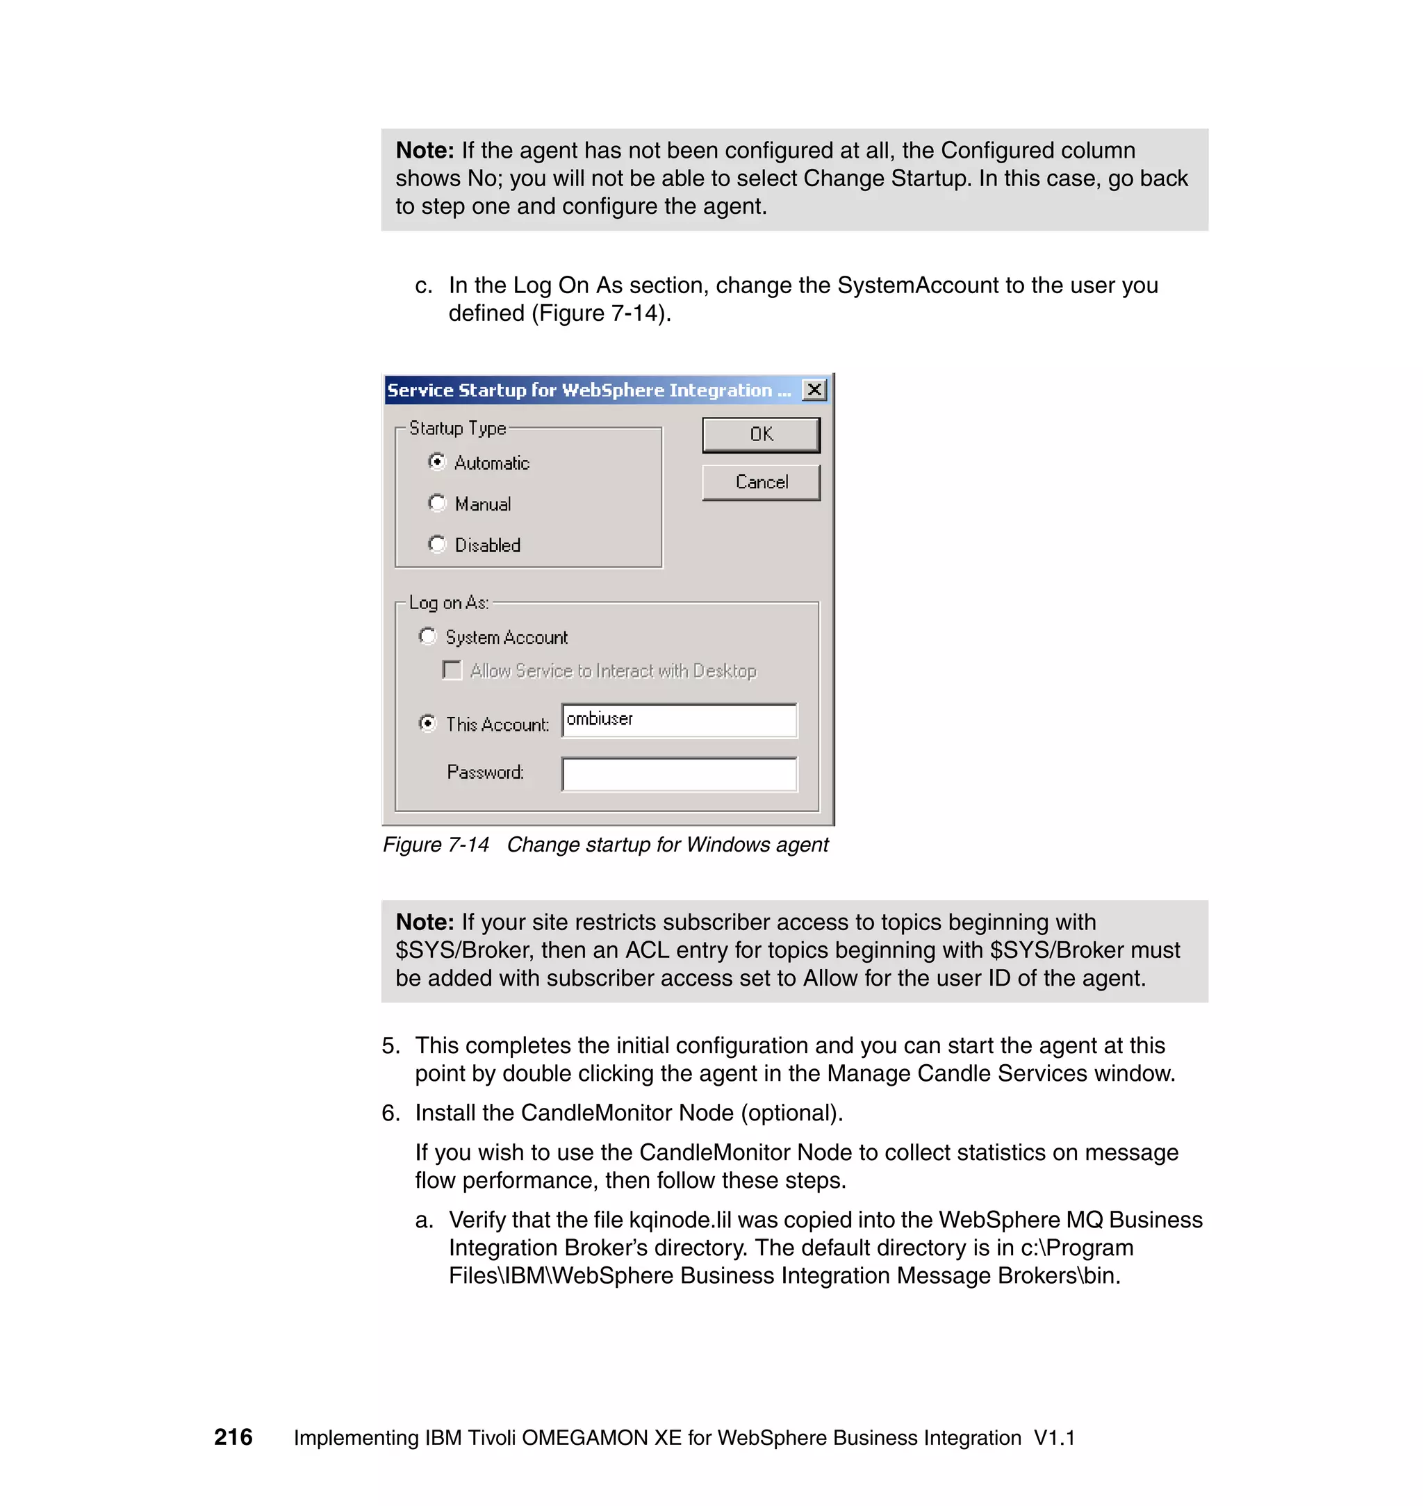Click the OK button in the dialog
point(761,435)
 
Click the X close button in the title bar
point(814,390)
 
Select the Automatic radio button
point(437,462)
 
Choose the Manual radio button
point(437,503)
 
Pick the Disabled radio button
point(437,544)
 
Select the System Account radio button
point(428,636)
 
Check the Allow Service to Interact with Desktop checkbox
point(452,670)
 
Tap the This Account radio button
point(428,722)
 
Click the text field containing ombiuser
point(679,720)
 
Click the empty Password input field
point(679,773)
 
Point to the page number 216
point(233,1437)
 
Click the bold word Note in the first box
point(424,151)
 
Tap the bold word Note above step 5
point(424,922)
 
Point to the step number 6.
point(390,1112)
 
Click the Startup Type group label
point(457,429)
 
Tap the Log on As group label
point(448,603)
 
